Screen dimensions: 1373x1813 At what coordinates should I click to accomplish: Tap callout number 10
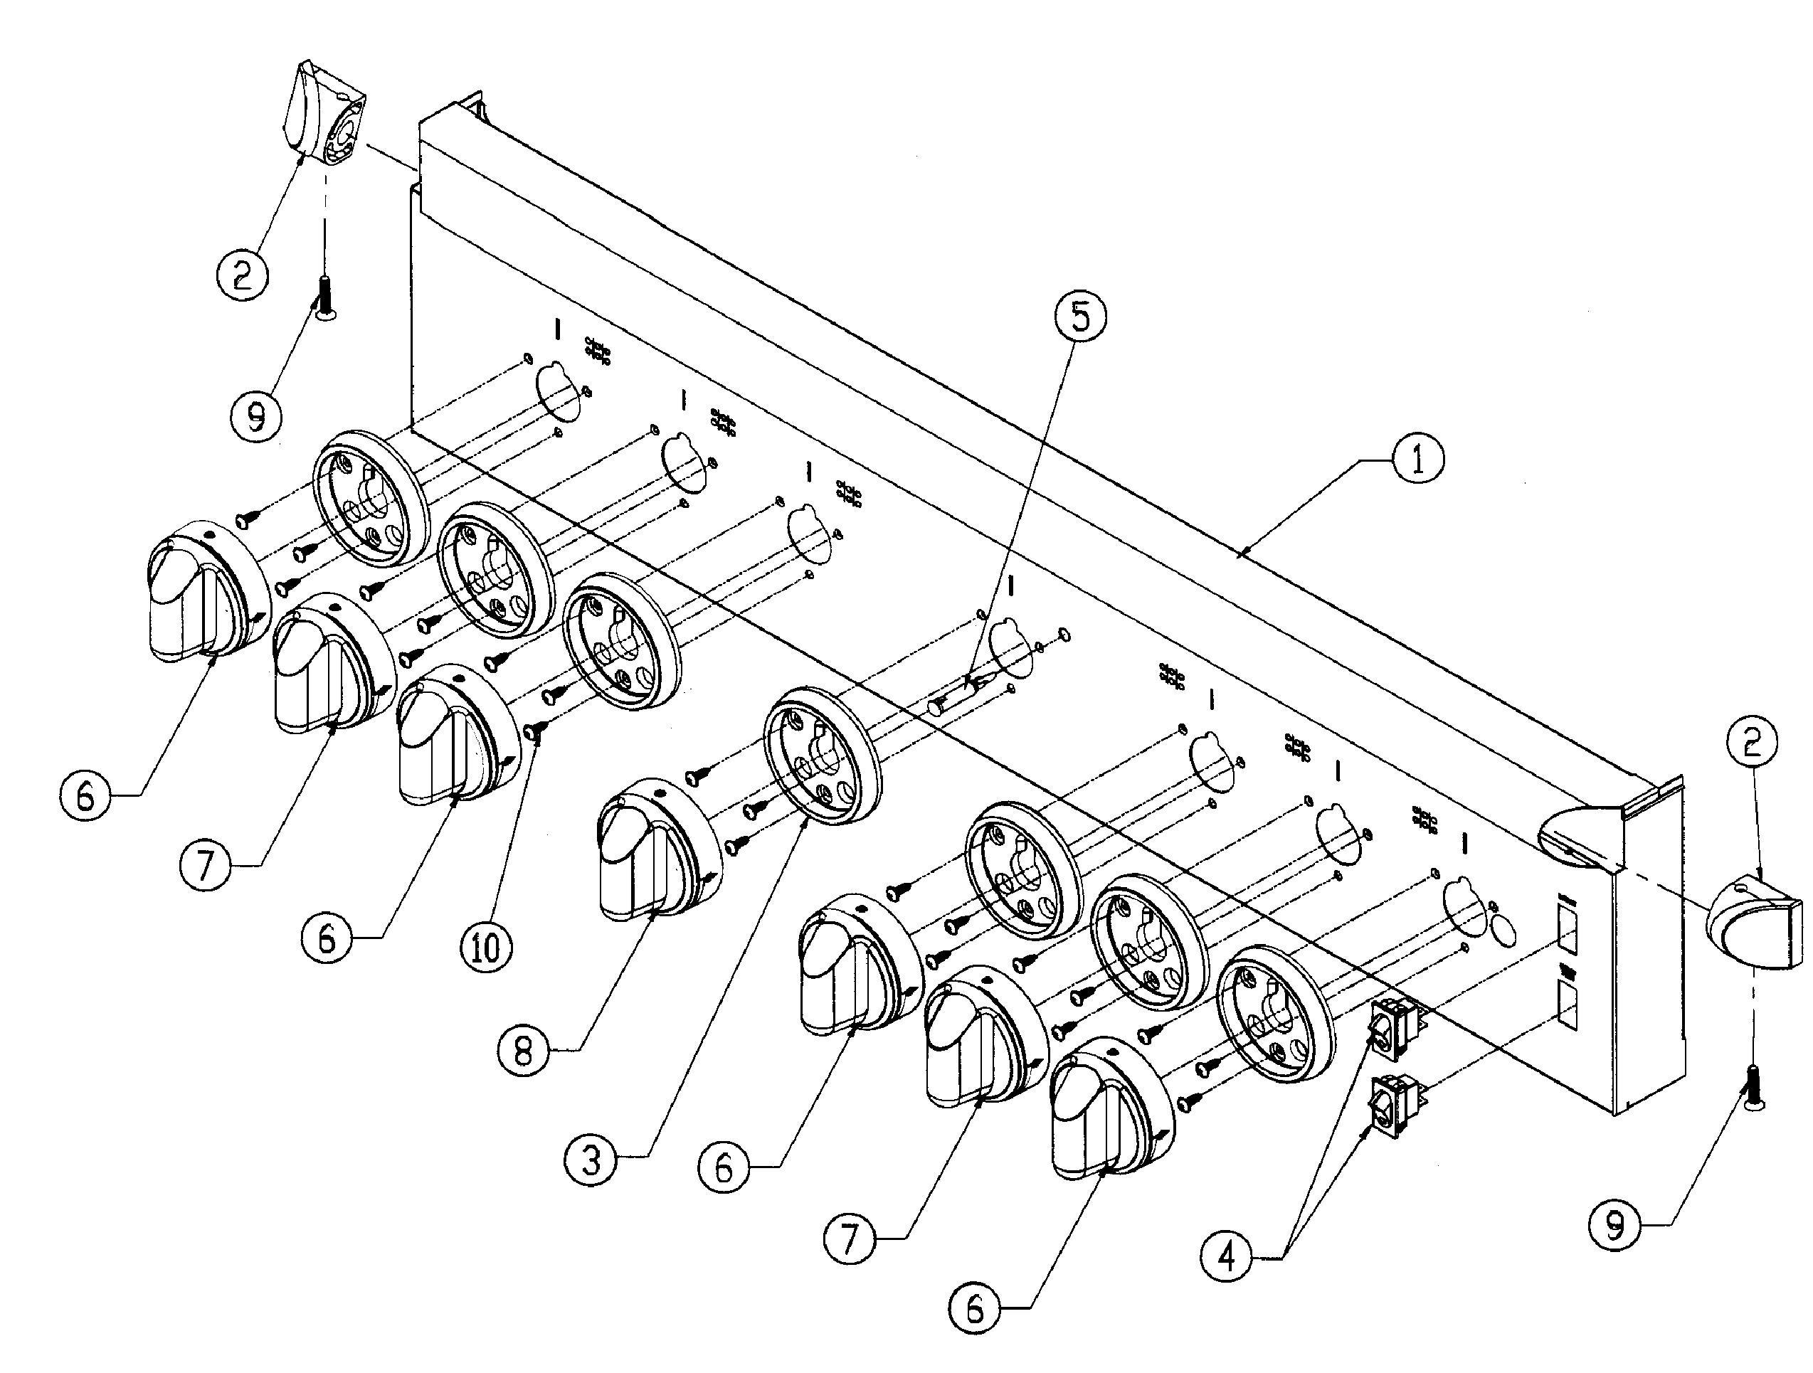(486, 948)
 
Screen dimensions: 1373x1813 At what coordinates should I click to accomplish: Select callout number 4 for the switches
(1226, 1255)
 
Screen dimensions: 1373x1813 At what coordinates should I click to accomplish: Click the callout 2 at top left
(242, 275)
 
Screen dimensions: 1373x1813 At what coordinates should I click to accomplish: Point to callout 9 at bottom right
(1614, 1226)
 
